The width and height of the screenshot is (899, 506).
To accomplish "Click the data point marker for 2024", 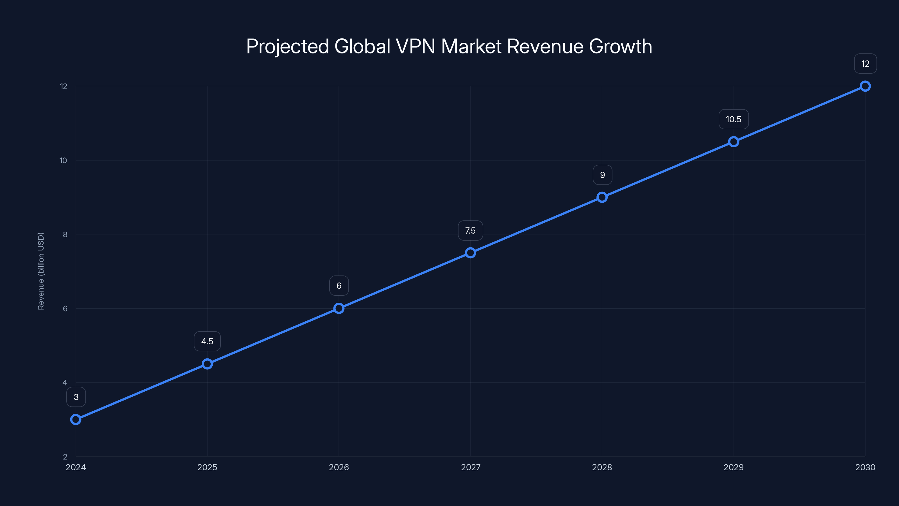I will [x=76, y=419].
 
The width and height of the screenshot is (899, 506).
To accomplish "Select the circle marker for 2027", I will [x=471, y=253].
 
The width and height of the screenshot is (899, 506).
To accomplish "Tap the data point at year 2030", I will [x=865, y=86].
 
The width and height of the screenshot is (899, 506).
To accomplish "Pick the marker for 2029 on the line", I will [x=734, y=142].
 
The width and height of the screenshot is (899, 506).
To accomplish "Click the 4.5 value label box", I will [x=207, y=341].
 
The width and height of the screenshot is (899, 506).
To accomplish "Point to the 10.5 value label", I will [x=734, y=119].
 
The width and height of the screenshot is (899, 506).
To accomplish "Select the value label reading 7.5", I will [x=471, y=231].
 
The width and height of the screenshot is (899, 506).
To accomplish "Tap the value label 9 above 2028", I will [x=602, y=175].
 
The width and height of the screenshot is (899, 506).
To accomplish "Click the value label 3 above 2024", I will [x=76, y=397].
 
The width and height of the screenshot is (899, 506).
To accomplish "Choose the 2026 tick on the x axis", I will [x=339, y=467].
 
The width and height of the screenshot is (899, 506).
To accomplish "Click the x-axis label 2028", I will [x=602, y=467].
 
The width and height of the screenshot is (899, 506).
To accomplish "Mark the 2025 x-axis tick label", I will [x=207, y=467].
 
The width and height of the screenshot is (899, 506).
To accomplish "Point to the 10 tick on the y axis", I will [x=63, y=160].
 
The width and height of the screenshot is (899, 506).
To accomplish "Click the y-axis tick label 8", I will [x=65, y=234].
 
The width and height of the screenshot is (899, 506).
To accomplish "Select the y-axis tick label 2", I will [x=65, y=457].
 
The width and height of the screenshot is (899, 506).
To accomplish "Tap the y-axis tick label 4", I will [x=65, y=383].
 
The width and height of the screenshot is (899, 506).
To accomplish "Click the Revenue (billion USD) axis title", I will [x=41, y=271].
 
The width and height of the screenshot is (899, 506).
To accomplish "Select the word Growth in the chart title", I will [x=621, y=46].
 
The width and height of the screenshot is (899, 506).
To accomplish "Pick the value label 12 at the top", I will [x=866, y=64].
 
